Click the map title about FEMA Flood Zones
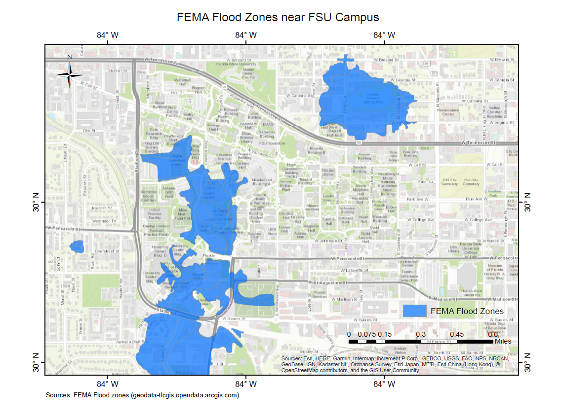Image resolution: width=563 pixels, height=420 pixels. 278,17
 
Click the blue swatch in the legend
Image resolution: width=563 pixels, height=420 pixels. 414,311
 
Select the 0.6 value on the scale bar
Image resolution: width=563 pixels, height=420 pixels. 493,334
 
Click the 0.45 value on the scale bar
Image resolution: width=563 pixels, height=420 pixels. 457,334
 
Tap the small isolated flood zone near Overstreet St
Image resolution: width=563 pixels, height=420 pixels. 77,246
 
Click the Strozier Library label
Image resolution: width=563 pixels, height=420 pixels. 328,172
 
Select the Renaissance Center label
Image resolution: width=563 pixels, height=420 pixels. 447,112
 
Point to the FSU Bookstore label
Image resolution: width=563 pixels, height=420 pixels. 273,143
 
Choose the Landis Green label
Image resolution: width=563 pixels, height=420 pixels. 328,198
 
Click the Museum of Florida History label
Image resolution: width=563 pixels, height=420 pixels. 495,272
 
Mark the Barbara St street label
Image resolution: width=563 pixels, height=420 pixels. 103,208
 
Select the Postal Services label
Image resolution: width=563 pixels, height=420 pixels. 320,294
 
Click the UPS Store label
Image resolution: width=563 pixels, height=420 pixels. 272,231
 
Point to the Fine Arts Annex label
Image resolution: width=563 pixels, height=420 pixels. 394,156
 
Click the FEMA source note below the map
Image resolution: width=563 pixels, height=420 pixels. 142,395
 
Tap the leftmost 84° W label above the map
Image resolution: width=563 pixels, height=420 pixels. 107,35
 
